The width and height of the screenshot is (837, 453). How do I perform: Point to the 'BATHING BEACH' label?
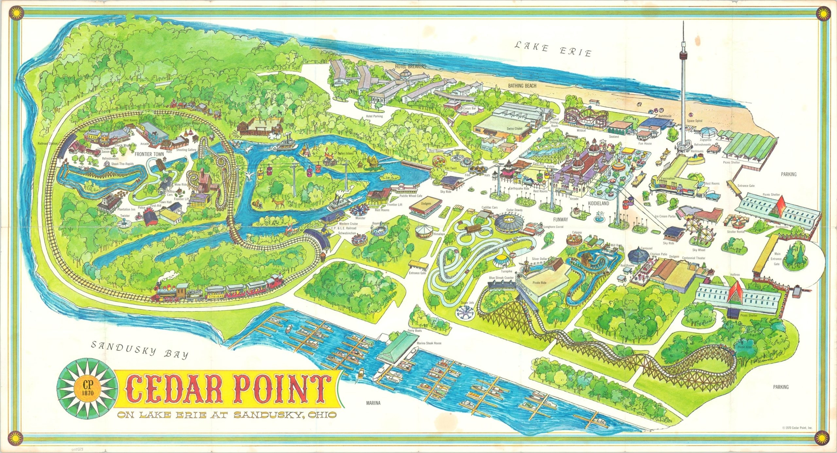pos(522,86)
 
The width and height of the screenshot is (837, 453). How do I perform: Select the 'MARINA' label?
pos(373,403)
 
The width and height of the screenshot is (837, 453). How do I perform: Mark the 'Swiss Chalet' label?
pos(514,128)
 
